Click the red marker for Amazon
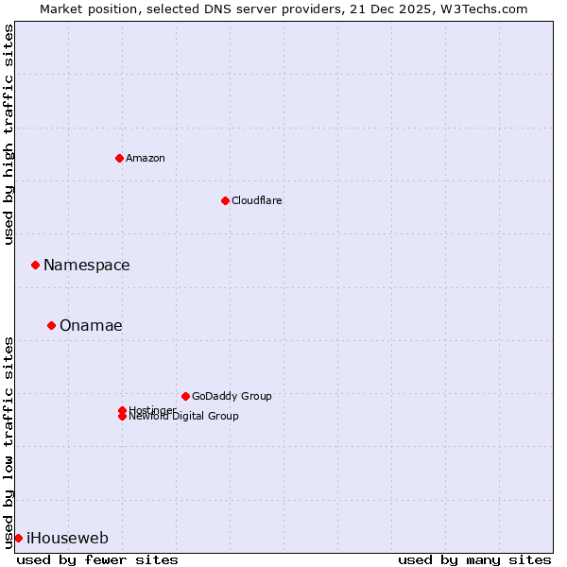click(x=119, y=158)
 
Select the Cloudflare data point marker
click(x=225, y=200)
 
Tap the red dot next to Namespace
click(x=35, y=265)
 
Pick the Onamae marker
click(x=51, y=325)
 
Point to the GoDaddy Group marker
click(x=185, y=396)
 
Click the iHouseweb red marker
click(x=18, y=538)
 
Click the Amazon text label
click(x=146, y=158)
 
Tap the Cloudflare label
click(x=256, y=200)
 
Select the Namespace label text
click(x=86, y=266)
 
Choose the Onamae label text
click(x=91, y=326)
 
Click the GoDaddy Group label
click(x=232, y=396)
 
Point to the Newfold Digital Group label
click(x=184, y=417)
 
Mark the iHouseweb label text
click(x=67, y=539)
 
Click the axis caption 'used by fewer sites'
click(x=97, y=559)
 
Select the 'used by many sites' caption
click(x=474, y=559)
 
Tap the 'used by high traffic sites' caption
click(x=9, y=134)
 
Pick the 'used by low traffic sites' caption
click(x=9, y=441)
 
